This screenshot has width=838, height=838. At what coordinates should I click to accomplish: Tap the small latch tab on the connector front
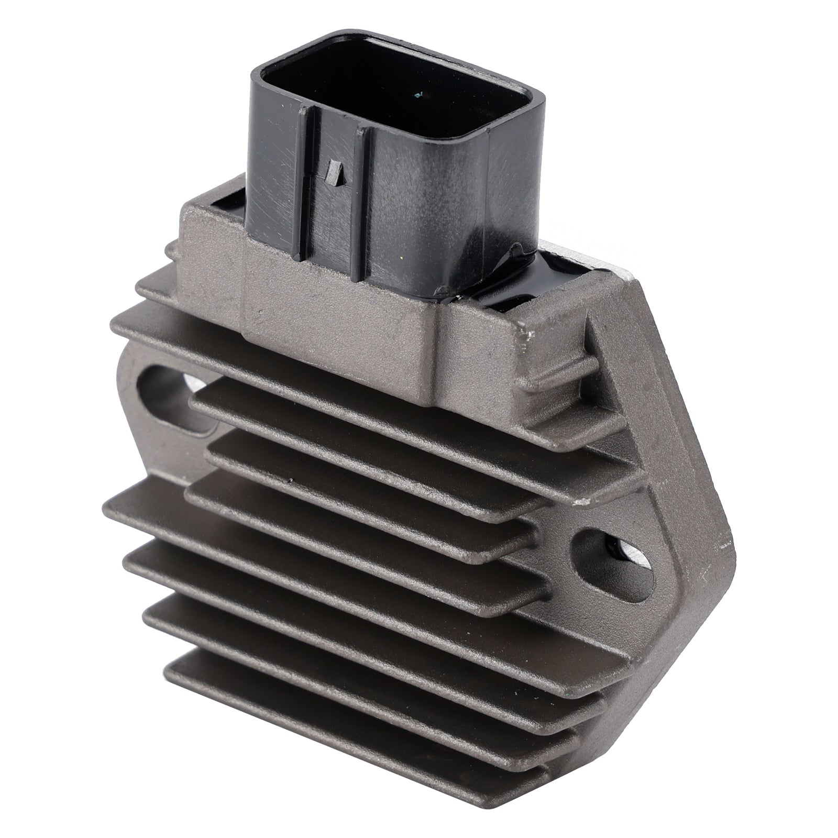(x=333, y=173)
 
